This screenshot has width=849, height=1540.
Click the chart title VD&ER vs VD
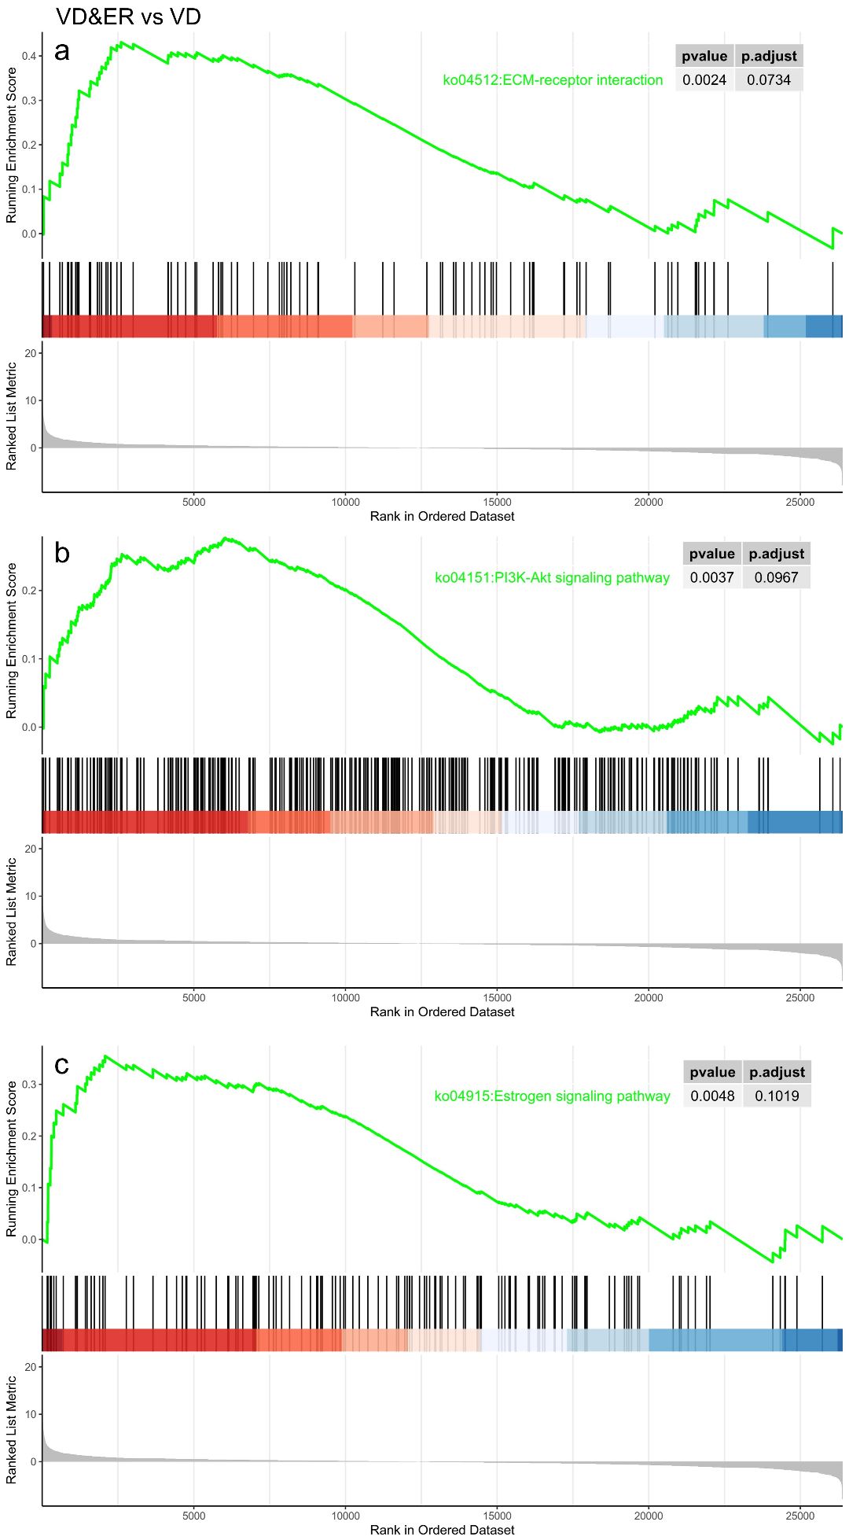click(128, 17)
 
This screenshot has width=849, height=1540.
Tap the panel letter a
click(62, 52)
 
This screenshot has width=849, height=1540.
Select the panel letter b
click(62, 554)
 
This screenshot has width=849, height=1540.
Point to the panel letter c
click(62, 1065)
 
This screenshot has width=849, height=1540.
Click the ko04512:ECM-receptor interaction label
click(553, 80)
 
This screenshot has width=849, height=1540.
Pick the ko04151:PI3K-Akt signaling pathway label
click(552, 578)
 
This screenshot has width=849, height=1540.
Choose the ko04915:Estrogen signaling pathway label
click(552, 1096)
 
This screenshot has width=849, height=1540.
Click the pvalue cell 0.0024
click(704, 80)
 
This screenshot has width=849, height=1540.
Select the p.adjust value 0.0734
click(769, 80)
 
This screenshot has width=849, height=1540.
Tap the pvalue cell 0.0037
click(711, 578)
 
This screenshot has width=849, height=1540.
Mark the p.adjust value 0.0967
click(776, 578)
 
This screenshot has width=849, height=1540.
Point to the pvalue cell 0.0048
click(712, 1096)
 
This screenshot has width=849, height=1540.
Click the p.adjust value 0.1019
click(777, 1096)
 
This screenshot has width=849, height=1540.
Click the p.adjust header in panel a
click(769, 57)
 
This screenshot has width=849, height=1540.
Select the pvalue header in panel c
click(712, 1073)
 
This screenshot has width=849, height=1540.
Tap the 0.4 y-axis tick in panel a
click(30, 56)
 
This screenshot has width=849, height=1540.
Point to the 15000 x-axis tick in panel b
click(497, 998)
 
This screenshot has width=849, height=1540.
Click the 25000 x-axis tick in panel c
click(800, 1516)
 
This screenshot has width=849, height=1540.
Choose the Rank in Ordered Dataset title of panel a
click(442, 517)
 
